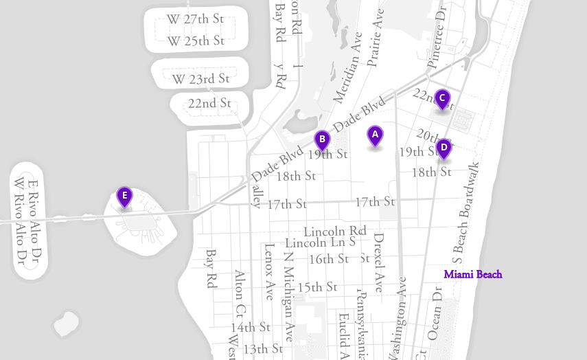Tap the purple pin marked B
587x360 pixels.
322,139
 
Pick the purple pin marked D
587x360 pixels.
444,147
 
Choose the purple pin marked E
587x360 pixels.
124,196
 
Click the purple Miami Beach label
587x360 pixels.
473,275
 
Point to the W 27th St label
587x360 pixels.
196,19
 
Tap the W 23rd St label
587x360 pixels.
200,79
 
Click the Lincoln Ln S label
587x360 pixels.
320,243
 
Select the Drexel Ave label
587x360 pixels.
378,262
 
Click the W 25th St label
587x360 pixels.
196,41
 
